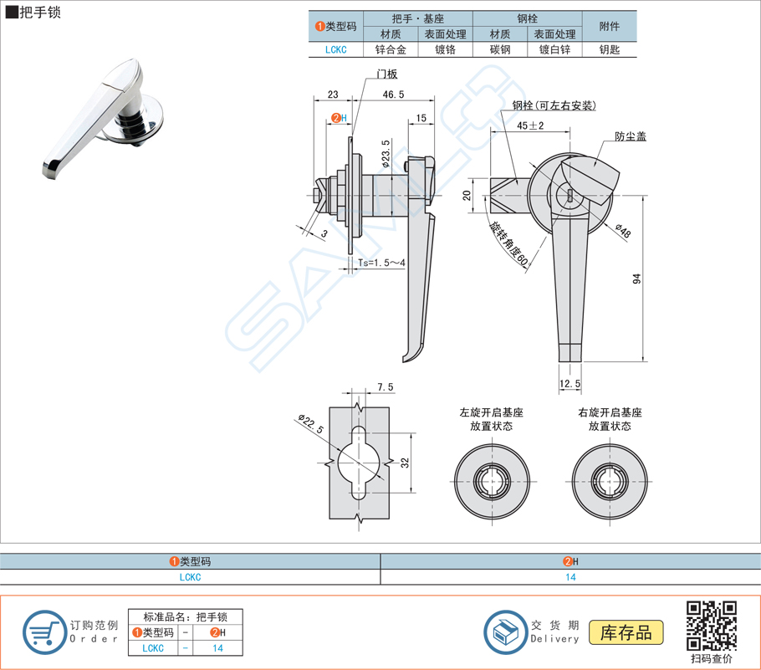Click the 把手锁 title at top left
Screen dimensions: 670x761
click(37, 13)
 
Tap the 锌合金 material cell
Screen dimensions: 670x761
click(390, 49)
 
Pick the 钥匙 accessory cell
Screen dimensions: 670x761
click(610, 49)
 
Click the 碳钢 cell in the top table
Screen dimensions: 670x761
click(500, 49)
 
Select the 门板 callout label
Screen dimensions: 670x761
click(386, 73)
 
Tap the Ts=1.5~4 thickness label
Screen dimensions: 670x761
click(381, 263)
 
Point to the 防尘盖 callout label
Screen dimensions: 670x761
click(630, 136)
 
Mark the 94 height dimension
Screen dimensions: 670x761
click(636, 279)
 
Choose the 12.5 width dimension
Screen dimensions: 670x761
click(570, 383)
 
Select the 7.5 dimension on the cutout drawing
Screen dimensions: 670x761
click(385, 386)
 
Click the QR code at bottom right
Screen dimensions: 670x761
click(711, 625)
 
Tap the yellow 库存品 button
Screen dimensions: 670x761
click(626, 632)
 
